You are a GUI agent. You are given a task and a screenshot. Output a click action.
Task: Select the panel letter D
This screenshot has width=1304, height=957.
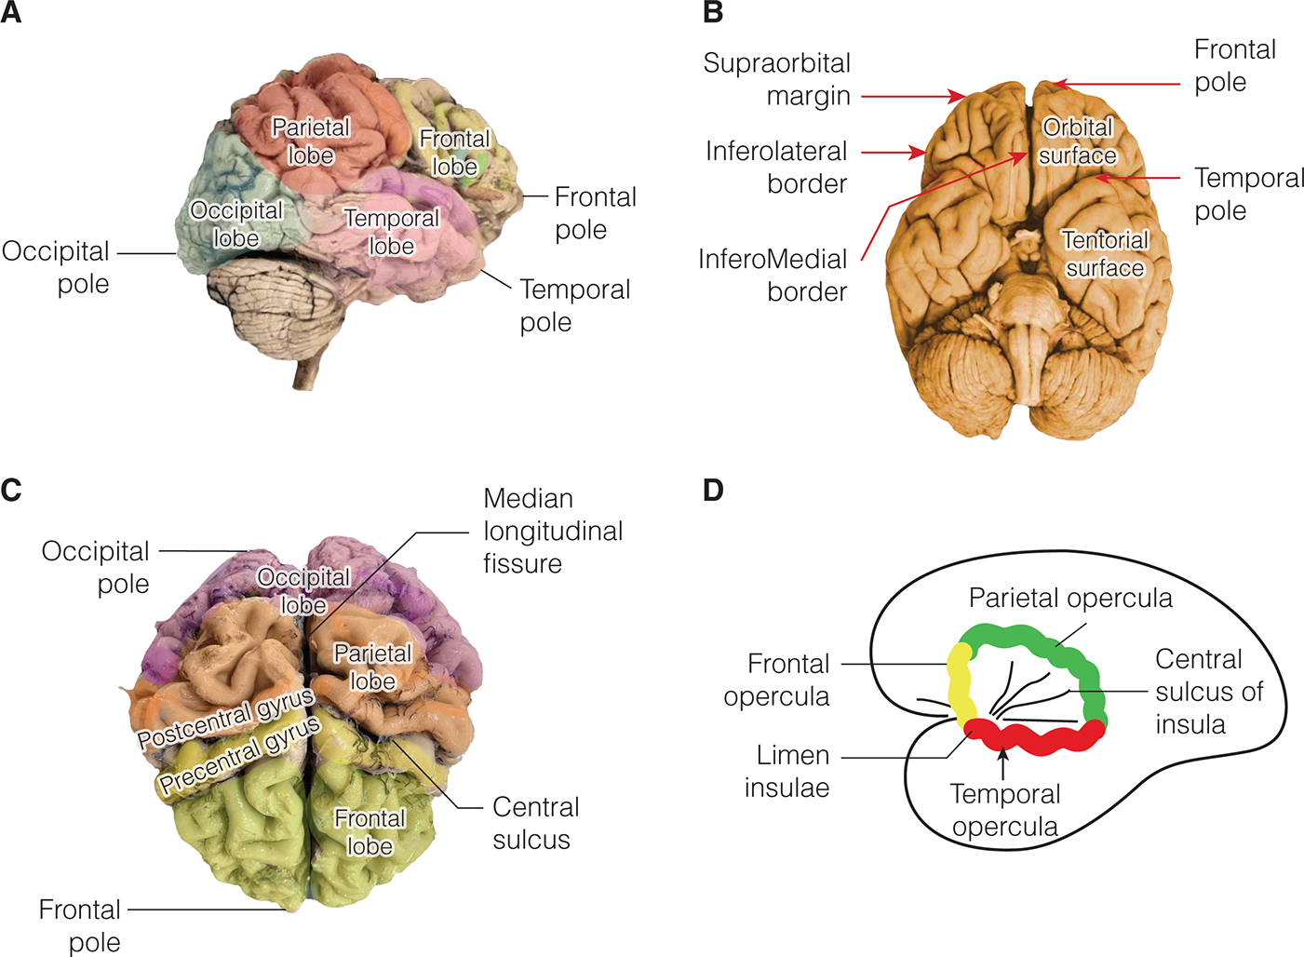click(713, 490)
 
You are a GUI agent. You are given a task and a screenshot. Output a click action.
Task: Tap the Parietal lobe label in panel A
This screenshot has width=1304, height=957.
click(311, 141)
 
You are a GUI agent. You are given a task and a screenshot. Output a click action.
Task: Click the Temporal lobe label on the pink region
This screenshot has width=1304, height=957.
click(392, 232)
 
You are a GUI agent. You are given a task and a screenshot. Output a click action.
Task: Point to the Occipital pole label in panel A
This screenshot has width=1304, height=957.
click(57, 267)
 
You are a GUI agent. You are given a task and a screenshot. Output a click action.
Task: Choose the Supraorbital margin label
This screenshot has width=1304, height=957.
click(777, 79)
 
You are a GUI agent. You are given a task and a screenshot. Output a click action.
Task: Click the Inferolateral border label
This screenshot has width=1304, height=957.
click(776, 168)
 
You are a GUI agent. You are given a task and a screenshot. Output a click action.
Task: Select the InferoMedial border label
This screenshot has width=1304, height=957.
click(773, 275)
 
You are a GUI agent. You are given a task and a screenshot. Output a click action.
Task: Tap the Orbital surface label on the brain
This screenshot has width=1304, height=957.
click(1077, 141)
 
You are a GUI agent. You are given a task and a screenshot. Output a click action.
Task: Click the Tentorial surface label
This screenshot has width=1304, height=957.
click(1105, 253)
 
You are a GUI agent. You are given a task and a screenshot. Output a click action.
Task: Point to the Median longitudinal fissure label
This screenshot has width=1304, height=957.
click(552, 531)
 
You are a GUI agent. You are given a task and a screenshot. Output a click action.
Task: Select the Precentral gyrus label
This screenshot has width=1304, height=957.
click(239, 756)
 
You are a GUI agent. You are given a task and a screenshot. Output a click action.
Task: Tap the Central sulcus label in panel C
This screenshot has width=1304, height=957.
click(534, 823)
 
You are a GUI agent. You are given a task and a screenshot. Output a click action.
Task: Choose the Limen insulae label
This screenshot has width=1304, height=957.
click(787, 771)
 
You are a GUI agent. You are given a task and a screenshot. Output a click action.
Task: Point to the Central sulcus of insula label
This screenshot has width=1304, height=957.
click(1208, 692)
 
